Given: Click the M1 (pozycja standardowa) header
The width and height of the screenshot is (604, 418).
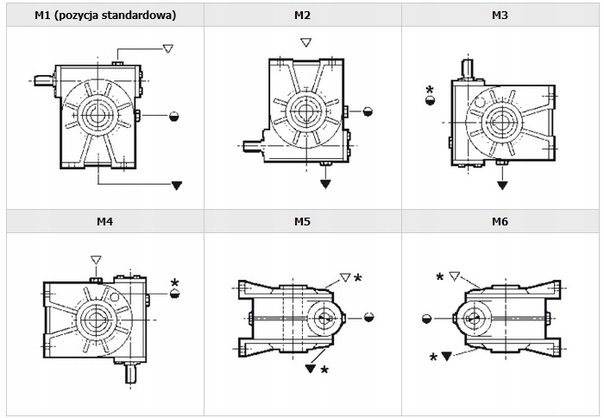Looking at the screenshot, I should pos(105,15).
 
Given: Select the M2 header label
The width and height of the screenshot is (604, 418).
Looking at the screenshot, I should pos(302,15).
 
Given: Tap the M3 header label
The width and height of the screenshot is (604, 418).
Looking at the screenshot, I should pos(500,15).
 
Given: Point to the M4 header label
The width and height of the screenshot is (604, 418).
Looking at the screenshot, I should pos(105,221).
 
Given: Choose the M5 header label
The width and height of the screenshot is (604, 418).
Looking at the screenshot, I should pos(302,221).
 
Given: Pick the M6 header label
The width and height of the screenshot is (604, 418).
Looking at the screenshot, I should pos(500,221).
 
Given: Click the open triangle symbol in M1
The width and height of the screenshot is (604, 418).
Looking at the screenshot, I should pos(167,49).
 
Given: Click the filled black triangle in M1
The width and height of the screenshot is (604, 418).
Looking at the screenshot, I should pos(177,185).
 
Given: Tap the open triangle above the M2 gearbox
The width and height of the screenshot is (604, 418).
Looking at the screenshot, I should pos(305,42).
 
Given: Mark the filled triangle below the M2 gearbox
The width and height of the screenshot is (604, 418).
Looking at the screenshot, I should pos(325,183).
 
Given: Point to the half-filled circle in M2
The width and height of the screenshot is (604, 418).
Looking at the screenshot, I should pos(368,111).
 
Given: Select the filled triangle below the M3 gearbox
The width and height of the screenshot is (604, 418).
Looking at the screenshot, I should pos(502,183).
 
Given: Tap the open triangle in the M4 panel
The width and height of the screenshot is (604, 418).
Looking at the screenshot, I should pos(96,259).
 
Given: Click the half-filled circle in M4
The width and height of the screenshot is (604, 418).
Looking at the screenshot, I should pos(175,294).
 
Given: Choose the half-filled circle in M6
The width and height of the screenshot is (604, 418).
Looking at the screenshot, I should pos(426,318).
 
